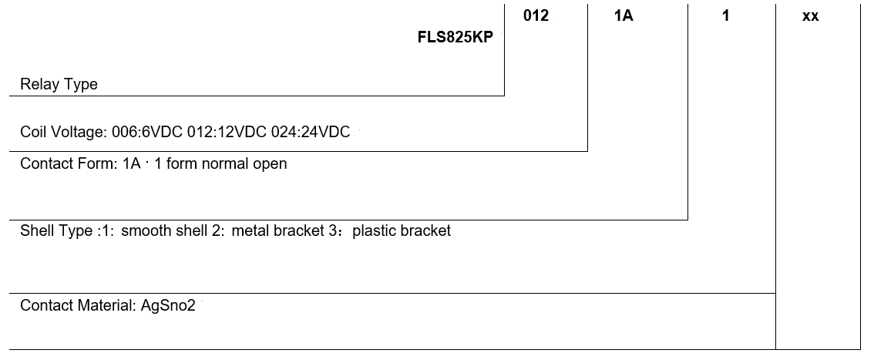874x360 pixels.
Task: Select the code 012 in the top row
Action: click(x=536, y=16)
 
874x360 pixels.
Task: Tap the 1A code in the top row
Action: click(x=624, y=16)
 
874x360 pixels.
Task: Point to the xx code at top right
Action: click(x=810, y=16)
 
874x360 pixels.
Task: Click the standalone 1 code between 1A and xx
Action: click(x=725, y=16)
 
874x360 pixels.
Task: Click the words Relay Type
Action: click(x=59, y=85)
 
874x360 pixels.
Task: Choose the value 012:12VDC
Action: click(x=227, y=133)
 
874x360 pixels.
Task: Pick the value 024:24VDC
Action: click(x=310, y=133)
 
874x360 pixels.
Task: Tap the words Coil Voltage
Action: click(x=63, y=133)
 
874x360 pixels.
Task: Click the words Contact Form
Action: click(x=67, y=163)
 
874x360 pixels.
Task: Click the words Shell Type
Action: click(x=55, y=230)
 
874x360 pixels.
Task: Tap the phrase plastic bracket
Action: click(x=401, y=230)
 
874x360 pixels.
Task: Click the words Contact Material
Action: click(x=77, y=305)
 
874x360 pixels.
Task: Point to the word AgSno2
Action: click(x=168, y=305)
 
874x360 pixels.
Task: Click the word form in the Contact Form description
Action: click(x=182, y=163)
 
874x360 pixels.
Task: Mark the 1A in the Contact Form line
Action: click(x=131, y=163)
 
